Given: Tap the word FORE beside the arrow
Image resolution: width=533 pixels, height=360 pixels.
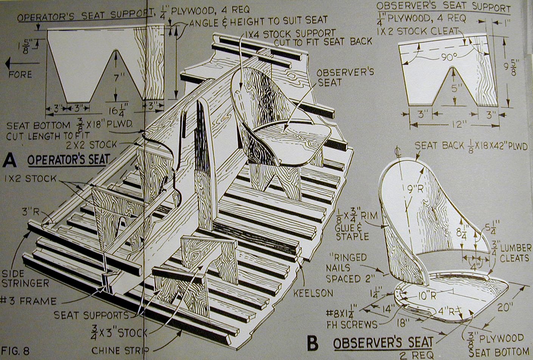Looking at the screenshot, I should [x=20, y=74].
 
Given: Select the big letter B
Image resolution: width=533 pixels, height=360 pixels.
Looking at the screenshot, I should [x=312, y=344].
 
